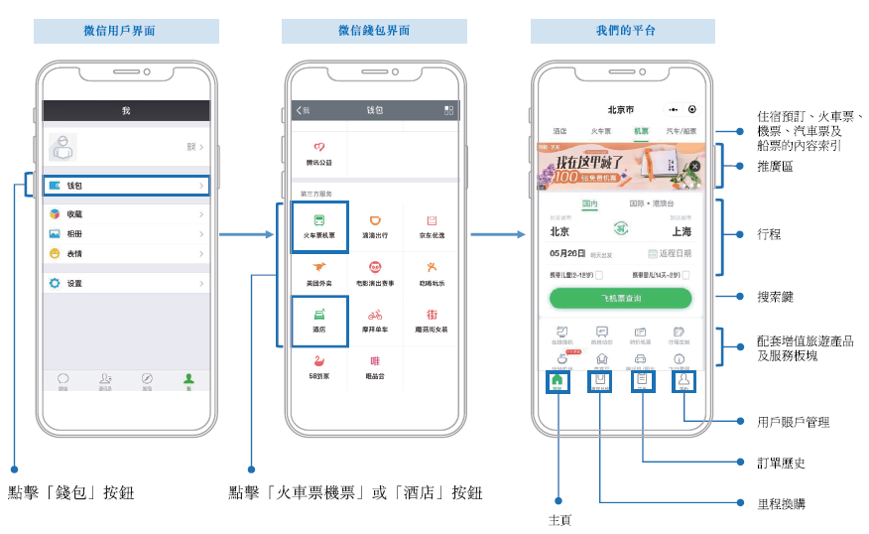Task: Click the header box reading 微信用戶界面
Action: point(126,31)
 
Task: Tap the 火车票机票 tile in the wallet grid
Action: point(319,226)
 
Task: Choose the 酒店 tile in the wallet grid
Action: point(319,321)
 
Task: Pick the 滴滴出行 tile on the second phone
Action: point(375,226)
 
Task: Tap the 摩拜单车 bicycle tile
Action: point(375,321)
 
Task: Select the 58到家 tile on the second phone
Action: point(319,367)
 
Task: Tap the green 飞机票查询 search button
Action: point(620,298)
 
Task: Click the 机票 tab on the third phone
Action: point(641,131)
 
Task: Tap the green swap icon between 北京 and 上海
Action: point(622,229)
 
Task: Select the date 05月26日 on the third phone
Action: point(569,253)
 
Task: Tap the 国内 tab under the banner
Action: point(590,204)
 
